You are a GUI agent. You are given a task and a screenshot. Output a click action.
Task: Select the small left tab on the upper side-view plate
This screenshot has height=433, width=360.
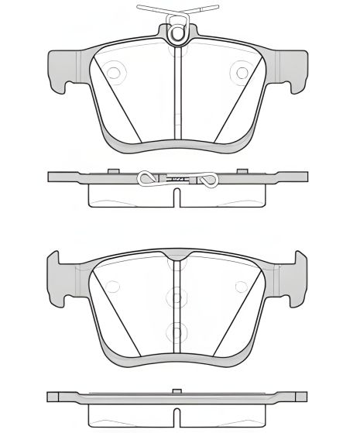[x=113, y=170]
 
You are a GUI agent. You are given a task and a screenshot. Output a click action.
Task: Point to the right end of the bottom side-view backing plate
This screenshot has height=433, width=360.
[x=304, y=397]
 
